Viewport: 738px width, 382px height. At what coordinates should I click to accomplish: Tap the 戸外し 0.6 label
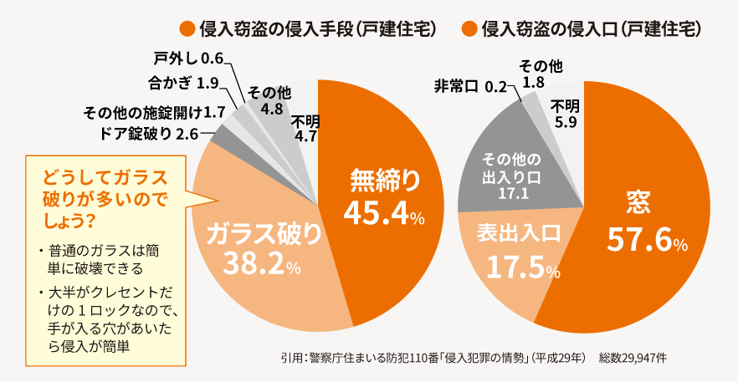pos(189,59)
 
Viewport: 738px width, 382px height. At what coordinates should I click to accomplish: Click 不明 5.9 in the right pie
pos(565,113)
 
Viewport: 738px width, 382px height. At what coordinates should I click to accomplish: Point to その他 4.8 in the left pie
pos(270,99)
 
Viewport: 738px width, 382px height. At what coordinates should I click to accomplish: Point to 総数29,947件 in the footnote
pos(632,357)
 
